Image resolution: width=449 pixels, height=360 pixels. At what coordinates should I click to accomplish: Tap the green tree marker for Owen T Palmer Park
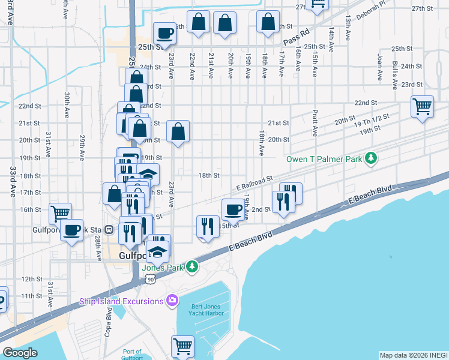coord(372,158)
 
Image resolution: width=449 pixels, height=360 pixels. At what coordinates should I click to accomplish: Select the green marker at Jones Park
coord(191,266)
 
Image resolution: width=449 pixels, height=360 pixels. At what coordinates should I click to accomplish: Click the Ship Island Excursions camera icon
coord(172,299)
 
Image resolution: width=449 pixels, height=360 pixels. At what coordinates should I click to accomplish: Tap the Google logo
coord(20,353)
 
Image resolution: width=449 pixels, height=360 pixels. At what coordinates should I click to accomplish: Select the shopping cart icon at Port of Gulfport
coord(182,346)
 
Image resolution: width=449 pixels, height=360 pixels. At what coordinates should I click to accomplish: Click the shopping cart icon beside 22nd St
coord(422,107)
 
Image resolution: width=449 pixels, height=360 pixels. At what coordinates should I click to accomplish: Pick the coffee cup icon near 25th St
coord(164,32)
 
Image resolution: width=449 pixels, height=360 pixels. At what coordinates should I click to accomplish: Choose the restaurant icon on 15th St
coord(207,226)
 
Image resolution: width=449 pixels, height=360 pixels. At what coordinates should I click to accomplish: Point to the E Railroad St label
coord(255,184)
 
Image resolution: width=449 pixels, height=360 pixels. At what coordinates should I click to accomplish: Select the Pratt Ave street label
coord(315,122)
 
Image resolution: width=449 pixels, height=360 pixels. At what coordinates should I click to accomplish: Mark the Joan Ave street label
coord(379,67)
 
